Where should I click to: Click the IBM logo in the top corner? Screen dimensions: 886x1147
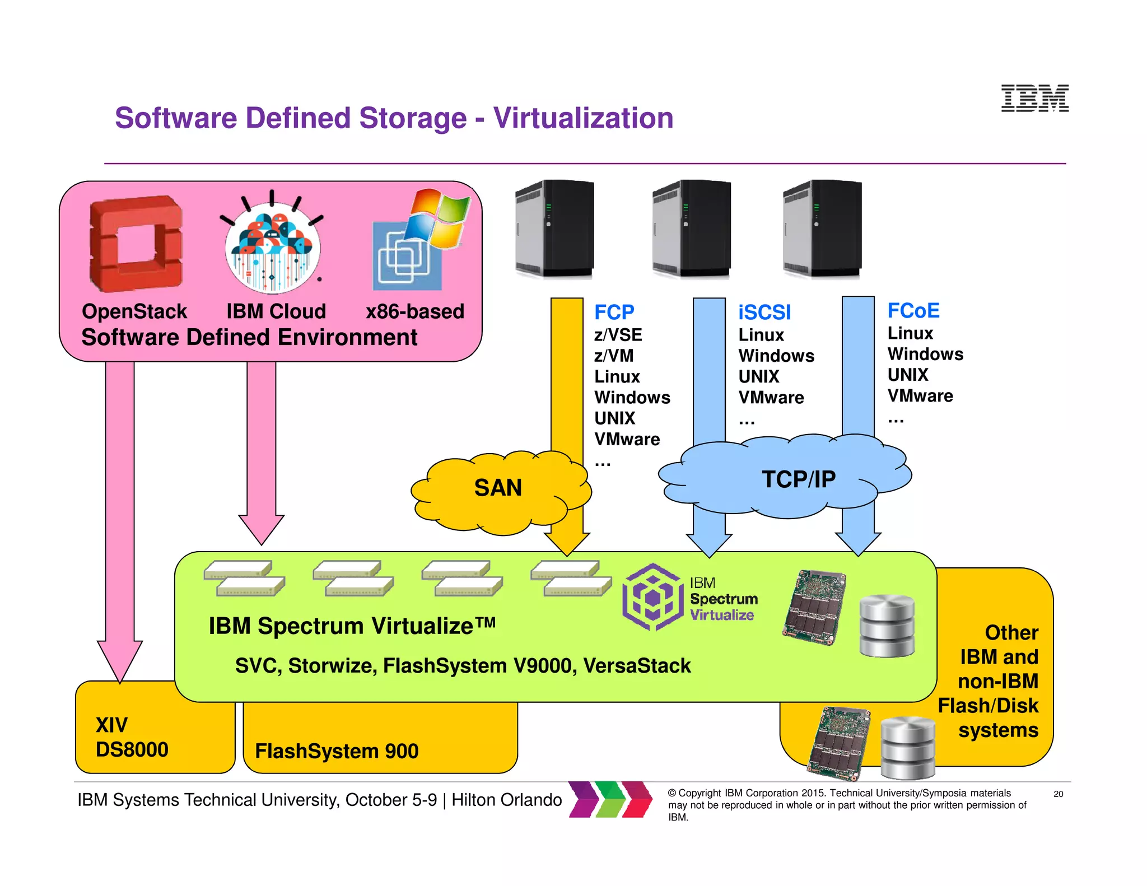click(x=1034, y=99)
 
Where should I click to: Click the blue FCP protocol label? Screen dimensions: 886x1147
click(x=614, y=312)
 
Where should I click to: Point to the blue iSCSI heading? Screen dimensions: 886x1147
click(x=764, y=313)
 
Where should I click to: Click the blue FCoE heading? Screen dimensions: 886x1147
click(x=913, y=311)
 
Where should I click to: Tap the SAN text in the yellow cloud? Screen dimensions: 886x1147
click(x=498, y=488)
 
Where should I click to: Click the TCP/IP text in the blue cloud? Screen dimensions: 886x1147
click(x=798, y=479)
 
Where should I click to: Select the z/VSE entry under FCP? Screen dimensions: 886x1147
click(x=618, y=335)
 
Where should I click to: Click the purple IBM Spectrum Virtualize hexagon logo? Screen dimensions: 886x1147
click(x=653, y=597)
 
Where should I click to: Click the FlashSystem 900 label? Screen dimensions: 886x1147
click(x=337, y=751)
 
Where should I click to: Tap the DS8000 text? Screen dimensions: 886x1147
click(x=132, y=749)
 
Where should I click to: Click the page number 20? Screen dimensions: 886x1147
click(x=1058, y=794)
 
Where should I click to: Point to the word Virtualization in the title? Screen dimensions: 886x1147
click(x=583, y=118)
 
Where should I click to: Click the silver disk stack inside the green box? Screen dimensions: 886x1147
click(x=887, y=626)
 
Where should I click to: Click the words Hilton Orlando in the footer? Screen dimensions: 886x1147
click(x=506, y=800)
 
